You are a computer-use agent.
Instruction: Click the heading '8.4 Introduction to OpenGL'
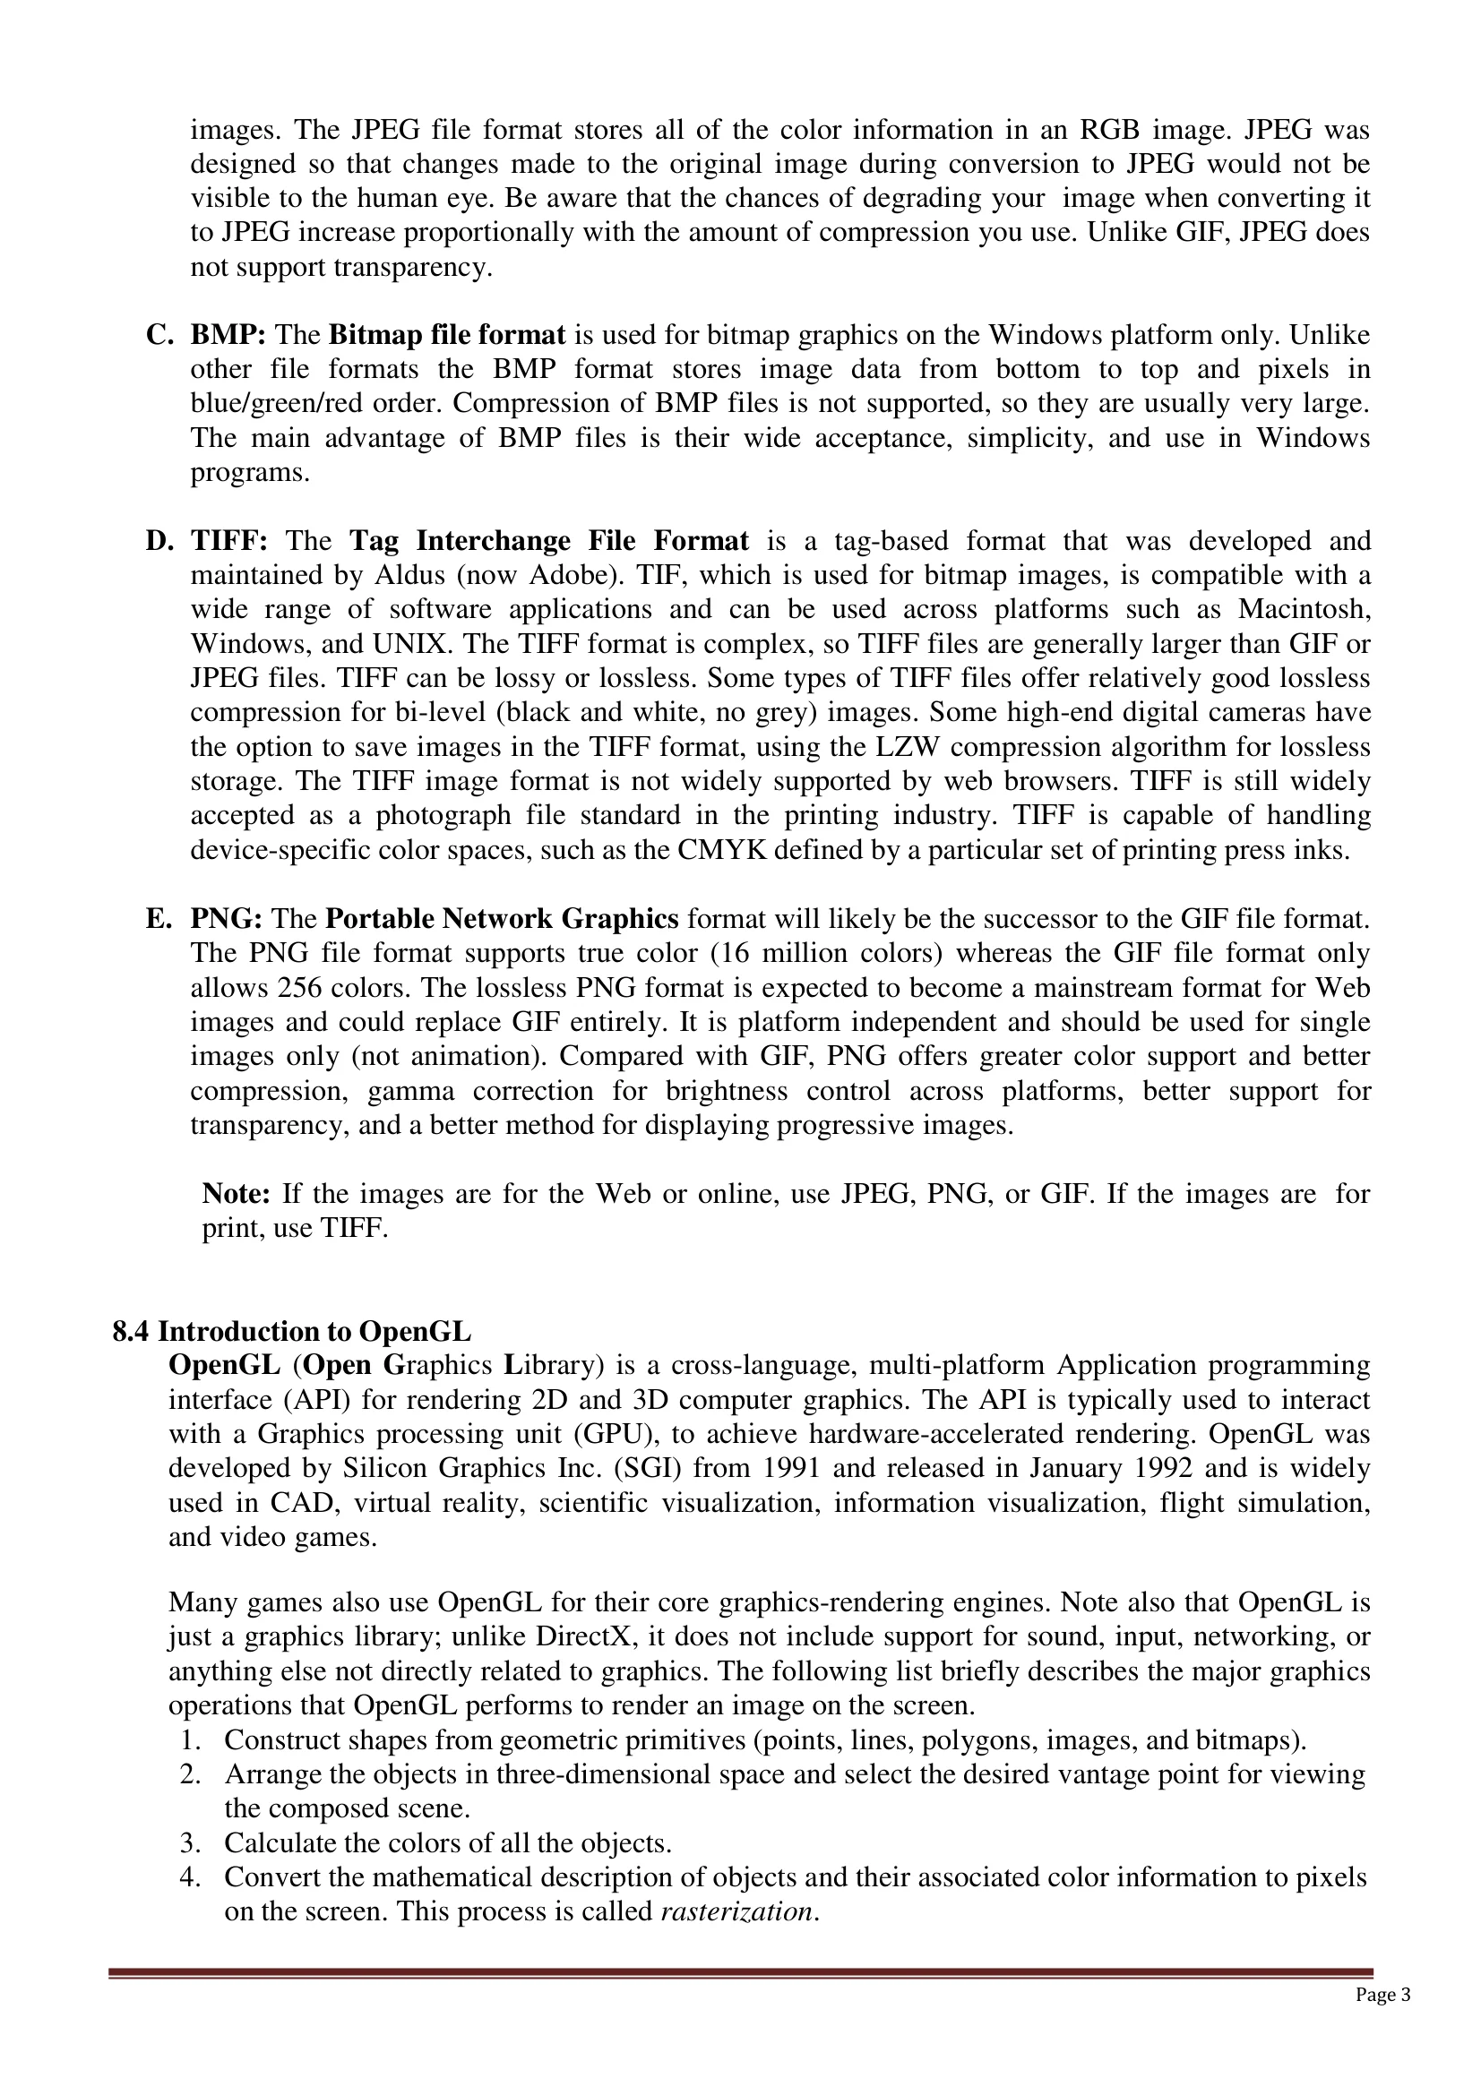click(292, 1331)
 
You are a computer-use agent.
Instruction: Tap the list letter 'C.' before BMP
click(159, 336)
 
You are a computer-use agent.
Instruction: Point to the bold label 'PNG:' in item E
click(227, 918)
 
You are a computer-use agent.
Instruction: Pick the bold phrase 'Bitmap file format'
click(447, 336)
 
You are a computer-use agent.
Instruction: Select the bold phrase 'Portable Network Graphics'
click(502, 918)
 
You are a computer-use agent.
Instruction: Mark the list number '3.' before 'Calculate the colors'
click(190, 1843)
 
